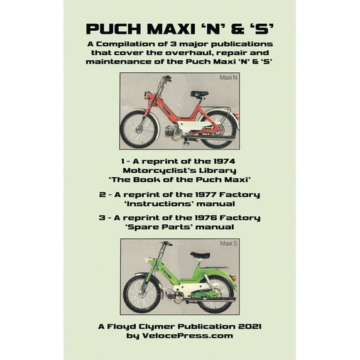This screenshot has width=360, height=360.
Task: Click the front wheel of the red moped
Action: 139,128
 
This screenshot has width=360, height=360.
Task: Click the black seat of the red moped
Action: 199,94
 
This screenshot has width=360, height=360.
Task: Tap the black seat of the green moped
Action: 200,256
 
